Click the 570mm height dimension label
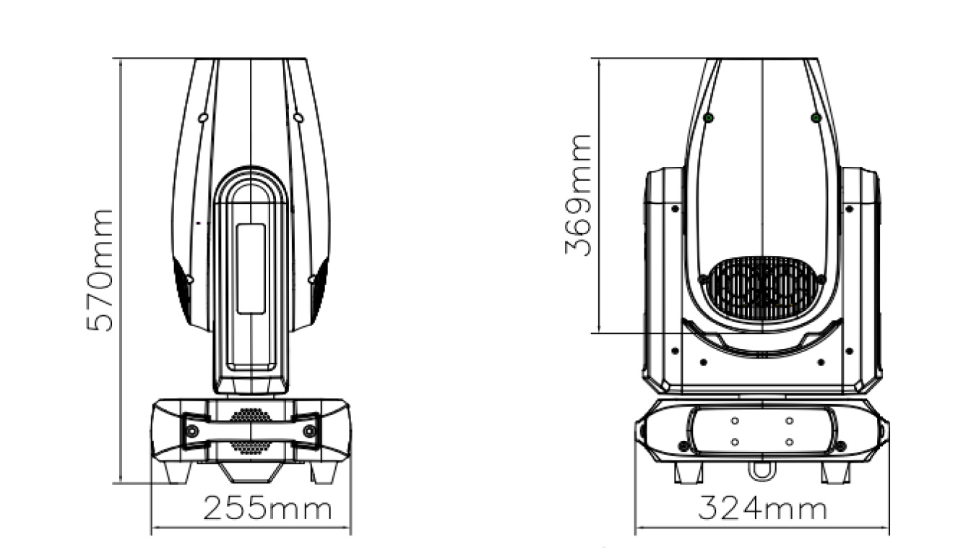[x=100, y=270]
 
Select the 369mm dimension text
[x=578, y=195]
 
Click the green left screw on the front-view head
[x=709, y=118]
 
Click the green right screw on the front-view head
[x=816, y=118]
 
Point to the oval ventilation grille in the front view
[x=762, y=289]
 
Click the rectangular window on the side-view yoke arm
[x=251, y=269]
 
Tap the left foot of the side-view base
[x=178, y=472]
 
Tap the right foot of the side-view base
[x=324, y=472]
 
